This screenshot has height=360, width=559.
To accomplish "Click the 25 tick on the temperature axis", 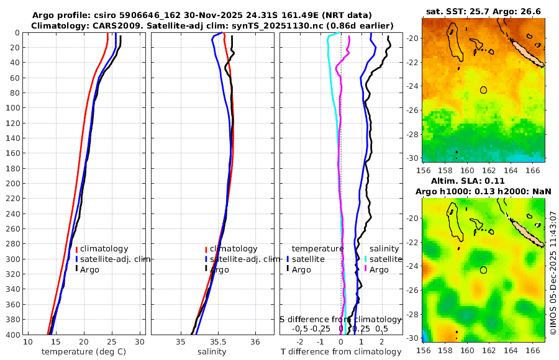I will (112, 342).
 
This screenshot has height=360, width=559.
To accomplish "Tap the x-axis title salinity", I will (212, 352).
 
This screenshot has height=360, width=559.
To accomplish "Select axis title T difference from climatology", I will (342, 352).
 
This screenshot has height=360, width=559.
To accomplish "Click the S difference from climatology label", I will (340, 319).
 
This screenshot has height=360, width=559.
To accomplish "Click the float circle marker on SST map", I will (483, 90).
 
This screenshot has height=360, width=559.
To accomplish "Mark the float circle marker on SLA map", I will (483, 270).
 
